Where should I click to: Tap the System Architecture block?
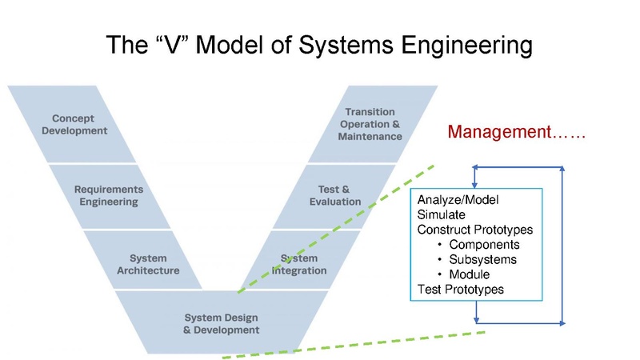[x=148, y=264]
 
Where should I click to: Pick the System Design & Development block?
[x=222, y=322]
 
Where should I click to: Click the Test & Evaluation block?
[x=335, y=195]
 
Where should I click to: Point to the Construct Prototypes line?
[x=475, y=230]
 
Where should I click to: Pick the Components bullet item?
[x=484, y=245]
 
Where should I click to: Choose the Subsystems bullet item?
[x=482, y=259]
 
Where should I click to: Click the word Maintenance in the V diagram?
[x=370, y=136]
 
